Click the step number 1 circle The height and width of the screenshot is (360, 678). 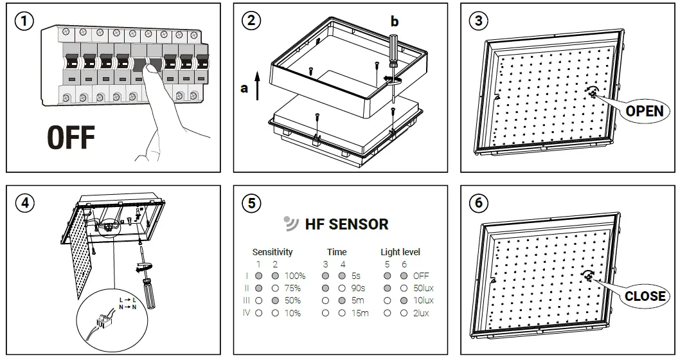pyautogui.click(x=24, y=21)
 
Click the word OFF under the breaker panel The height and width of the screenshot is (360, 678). pyautogui.click(x=71, y=138)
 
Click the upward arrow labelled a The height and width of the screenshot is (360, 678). pyautogui.click(x=257, y=85)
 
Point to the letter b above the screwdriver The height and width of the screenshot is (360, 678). pyautogui.click(x=395, y=21)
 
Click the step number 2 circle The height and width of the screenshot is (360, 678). pyautogui.click(x=251, y=21)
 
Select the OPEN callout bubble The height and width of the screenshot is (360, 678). pyautogui.click(x=644, y=111)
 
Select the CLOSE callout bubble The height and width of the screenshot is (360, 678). pyautogui.click(x=645, y=296)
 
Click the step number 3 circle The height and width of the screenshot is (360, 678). pyautogui.click(x=478, y=21)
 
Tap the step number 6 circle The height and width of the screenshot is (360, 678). pyautogui.click(x=478, y=203)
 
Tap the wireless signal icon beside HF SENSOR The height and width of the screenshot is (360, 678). pyautogui.click(x=291, y=224)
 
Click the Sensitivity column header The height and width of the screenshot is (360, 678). pyautogui.click(x=272, y=252)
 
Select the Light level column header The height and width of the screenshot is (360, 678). pyautogui.click(x=400, y=252)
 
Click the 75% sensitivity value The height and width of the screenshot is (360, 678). pyautogui.click(x=292, y=288)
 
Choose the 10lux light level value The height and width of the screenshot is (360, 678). pyautogui.click(x=423, y=300)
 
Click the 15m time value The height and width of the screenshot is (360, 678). pyautogui.click(x=359, y=313)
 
